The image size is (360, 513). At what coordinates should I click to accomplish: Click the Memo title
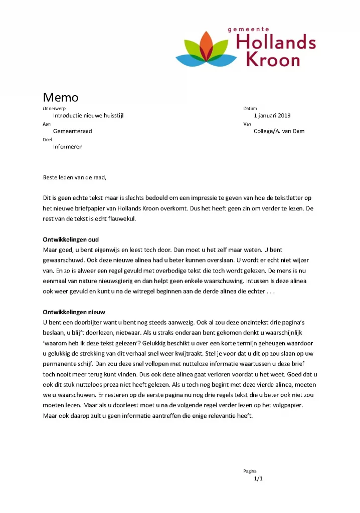click(x=60, y=97)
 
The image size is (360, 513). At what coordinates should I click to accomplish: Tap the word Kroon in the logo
click(x=273, y=60)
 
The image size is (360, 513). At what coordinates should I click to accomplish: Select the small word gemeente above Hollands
click(x=249, y=30)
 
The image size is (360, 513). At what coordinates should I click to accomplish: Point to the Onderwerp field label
click(x=54, y=108)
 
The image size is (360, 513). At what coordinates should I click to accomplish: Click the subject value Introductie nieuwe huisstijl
click(x=88, y=115)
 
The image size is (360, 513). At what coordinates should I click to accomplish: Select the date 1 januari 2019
click(x=272, y=115)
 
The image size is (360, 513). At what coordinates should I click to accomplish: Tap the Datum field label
click(x=250, y=108)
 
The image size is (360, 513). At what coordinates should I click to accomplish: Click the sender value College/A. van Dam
click(x=279, y=131)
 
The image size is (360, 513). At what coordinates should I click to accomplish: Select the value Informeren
click(x=68, y=147)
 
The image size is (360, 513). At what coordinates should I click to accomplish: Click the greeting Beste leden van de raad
click(x=75, y=177)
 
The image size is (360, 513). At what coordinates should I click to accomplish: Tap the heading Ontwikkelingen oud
click(x=71, y=239)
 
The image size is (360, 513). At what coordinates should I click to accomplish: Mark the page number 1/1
click(x=258, y=479)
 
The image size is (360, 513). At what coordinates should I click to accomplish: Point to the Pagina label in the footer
click(x=250, y=471)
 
